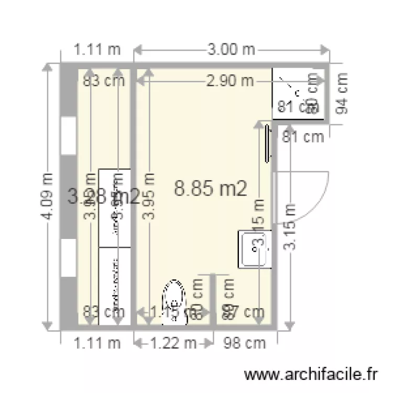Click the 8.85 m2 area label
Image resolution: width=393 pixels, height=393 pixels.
[211, 189]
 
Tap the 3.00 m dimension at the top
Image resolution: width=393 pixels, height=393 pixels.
[231, 50]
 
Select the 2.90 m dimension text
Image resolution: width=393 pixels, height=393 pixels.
[231, 81]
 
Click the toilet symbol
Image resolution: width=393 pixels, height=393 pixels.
[174, 299]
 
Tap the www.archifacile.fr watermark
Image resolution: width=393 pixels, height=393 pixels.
[311, 375]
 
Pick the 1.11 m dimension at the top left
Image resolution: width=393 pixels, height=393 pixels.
[97, 50]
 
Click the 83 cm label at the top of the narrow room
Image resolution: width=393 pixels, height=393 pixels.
[104, 81]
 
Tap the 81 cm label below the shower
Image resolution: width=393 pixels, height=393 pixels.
[303, 137]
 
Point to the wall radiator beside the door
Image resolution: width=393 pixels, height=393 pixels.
[268, 143]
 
